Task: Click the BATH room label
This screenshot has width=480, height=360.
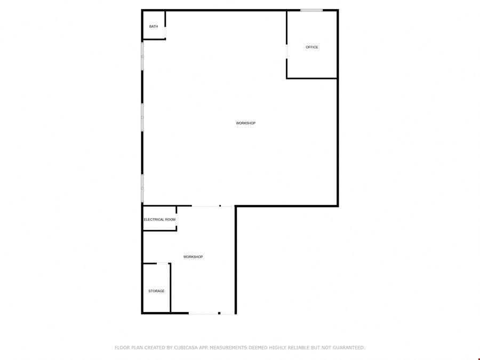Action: pos(154,27)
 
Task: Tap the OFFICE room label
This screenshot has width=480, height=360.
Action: pos(312,47)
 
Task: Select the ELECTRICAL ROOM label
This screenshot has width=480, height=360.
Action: pos(160,220)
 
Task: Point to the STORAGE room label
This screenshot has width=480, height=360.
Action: pos(156,291)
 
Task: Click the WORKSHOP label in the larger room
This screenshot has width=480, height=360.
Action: pos(246,123)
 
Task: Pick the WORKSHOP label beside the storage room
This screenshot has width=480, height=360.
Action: pos(193,257)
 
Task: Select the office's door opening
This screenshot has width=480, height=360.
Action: pos(286,52)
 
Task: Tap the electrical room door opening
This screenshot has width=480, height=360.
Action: pos(177,220)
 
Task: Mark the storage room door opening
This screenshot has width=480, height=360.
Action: pos(163,263)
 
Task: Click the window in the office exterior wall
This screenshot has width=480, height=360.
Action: pos(311,11)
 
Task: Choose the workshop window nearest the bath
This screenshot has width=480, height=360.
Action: pos(142,57)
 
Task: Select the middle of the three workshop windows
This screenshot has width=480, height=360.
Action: pos(142,117)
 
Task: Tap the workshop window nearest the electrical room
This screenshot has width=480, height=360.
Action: pos(142,188)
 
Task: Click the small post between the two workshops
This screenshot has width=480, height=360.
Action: pos(220,206)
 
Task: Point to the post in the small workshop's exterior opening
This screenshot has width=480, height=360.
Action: pos(219,313)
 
